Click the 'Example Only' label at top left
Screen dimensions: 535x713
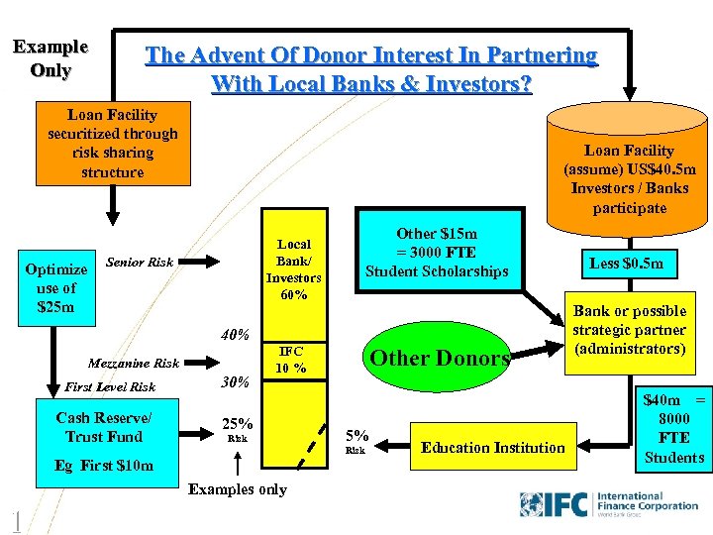50,58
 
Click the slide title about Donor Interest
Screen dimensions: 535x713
371,69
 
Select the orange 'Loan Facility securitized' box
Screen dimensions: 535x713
112,144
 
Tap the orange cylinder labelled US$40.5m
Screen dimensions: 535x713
629,168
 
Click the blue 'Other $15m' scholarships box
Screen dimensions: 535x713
437,253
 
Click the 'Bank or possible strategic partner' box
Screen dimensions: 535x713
630,330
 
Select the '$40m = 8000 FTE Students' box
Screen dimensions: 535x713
673,428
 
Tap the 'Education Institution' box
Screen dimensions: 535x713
492,447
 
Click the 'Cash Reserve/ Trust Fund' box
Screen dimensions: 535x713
104,426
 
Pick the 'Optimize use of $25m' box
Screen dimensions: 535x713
55,287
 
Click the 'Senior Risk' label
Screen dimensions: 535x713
140,263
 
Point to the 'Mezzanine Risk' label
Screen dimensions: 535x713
134,364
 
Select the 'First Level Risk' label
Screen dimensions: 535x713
110,387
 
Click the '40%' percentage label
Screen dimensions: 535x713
235,334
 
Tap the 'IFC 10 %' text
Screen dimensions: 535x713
291,360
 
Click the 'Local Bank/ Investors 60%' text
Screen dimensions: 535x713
293,268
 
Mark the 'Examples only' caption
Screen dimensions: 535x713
237,488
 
